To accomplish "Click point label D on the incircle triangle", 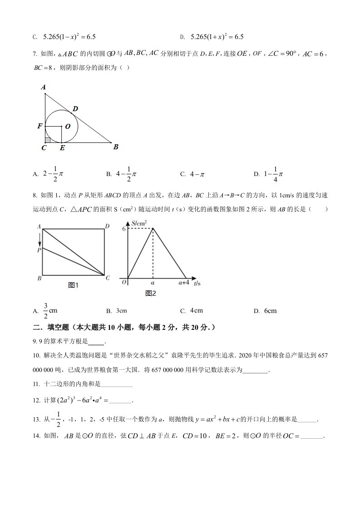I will pos(75,108).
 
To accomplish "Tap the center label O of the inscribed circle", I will pos(68,127).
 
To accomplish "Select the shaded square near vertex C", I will pos(48,140).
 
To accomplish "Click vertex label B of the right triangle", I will pos(116,147).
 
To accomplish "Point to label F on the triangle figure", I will pos(40,126).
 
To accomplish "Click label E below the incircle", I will pos(62,148).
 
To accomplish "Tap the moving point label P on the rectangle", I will pos(39,250).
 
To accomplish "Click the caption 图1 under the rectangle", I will pos(73,285).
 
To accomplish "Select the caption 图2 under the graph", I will pos(151,293).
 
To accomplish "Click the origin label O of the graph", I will pos(123,282).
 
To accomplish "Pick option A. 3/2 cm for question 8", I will pos(47,311).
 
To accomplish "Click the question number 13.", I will pos(37,420).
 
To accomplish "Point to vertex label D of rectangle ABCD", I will pos(107,226).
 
